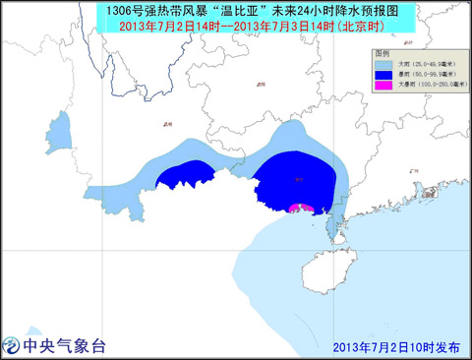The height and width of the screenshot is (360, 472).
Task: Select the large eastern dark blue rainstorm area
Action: click(x=295, y=177)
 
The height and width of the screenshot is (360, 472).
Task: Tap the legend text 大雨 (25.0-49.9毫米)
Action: click(x=424, y=65)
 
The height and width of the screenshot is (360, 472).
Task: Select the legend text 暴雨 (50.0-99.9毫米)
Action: click(x=424, y=75)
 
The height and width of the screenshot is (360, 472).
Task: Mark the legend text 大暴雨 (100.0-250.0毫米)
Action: click(x=427, y=85)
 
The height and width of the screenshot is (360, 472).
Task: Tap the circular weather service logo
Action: click(x=13, y=345)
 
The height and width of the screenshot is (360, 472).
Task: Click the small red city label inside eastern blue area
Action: click(x=298, y=180)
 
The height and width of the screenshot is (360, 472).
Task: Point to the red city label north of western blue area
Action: click(x=168, y=125)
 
